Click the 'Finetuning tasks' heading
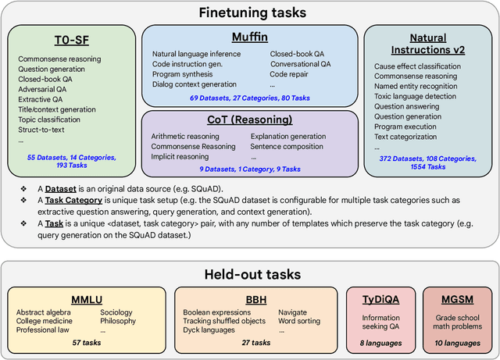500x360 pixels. (x=249, y=12)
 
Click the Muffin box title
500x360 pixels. (x=251, y=37)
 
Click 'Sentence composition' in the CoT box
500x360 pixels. (x=288, y=146)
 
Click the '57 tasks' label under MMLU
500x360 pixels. (x=86, y=342)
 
